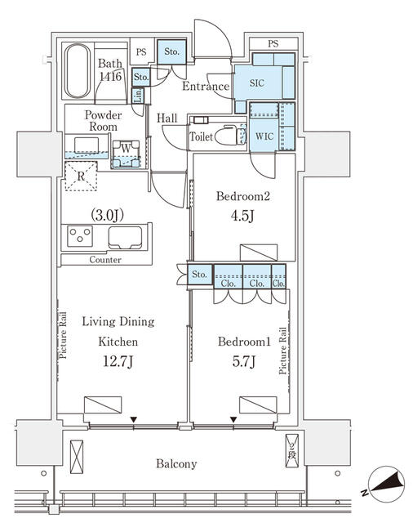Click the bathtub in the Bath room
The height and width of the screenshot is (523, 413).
click(x=78, y=71)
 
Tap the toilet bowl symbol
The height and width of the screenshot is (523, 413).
click(x=226, y=136)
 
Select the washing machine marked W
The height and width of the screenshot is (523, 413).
click(x=126, y=154)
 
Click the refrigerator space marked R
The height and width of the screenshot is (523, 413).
click(x=81, y=177)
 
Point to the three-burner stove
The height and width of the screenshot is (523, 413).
click(x=80, y=236)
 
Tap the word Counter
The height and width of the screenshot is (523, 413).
click(x=105, y=260)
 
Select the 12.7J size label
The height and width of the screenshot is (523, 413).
click(x=118, y=361)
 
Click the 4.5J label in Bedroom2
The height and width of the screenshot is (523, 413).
click(x=242, y=216)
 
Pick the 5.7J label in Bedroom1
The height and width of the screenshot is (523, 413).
click(x=244, y=361)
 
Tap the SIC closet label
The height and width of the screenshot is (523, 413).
click(x=257, y=83)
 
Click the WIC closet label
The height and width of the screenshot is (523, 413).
click(x=264, y=136)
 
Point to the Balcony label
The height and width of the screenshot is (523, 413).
click(x=176, y=464)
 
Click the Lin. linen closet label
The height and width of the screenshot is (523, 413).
click(x=138, y=96)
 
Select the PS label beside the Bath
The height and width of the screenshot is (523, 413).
click(x=141, y=52)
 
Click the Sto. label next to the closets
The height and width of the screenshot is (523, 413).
click(x=199, y=275)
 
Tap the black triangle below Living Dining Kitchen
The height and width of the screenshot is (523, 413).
click(x=134, y=419)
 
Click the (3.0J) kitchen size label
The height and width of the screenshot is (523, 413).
click(x=107, y=215)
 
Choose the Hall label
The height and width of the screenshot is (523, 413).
click(x=167, y=118)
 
